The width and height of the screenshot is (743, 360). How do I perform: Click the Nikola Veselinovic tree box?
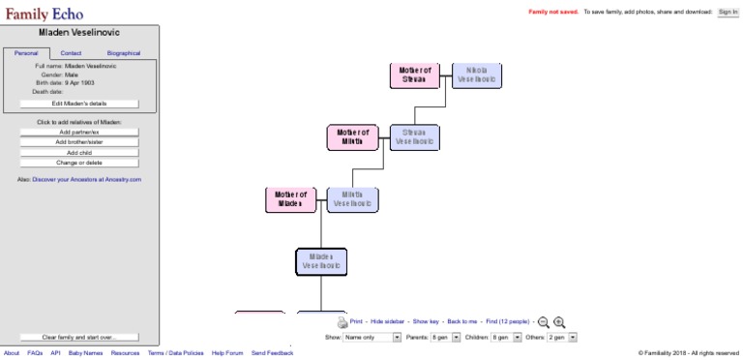(x=477, y=75)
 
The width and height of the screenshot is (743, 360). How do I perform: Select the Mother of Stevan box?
(x=415, y=75)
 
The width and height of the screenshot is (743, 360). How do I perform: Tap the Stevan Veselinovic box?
(x=414, y=137)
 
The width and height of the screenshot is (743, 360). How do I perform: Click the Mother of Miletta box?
(x=352, y=137)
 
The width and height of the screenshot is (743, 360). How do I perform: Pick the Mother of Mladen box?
(x=290, y=199)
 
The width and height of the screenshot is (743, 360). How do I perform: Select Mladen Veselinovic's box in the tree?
(x=321, y=260)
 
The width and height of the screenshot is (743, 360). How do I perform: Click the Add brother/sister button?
(x=79, y=142)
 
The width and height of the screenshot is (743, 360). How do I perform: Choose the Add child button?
(x=79, y=152)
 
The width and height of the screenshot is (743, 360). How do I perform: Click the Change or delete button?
(x=79, y=163)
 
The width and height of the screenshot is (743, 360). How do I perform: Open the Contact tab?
(x=71, y=53)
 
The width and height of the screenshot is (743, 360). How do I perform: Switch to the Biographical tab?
(x=123, y=53)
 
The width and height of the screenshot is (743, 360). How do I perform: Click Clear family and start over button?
(x=79, y=337)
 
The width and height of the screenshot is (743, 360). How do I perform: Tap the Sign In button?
(x=728, y=12)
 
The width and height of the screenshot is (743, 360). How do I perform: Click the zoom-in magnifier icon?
(x=559, y=322)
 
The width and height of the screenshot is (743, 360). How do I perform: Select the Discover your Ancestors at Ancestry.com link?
(x=87, y=179)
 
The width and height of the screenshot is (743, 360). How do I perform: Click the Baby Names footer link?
(x=85, y=353)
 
